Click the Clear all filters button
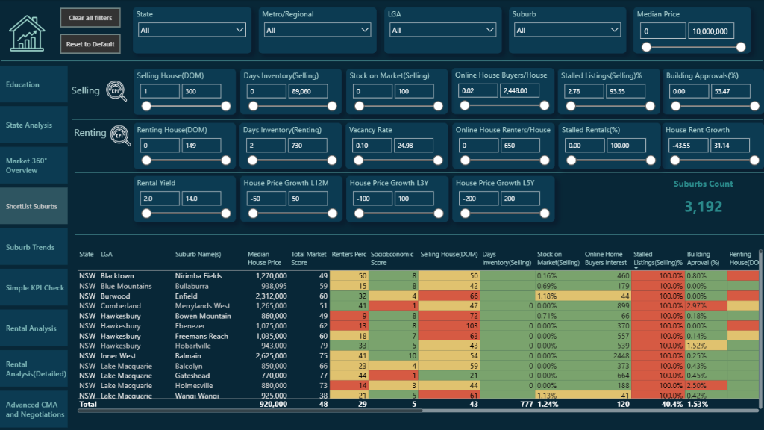point(90,18)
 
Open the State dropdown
point(192,30)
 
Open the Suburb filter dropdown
point(568,30)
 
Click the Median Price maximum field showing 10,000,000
point(711,31)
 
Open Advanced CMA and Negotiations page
point(34,409)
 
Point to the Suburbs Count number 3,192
point(703,206)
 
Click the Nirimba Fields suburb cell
point(198,275)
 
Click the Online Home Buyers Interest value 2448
point(616,356)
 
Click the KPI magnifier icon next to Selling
point(116,90)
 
